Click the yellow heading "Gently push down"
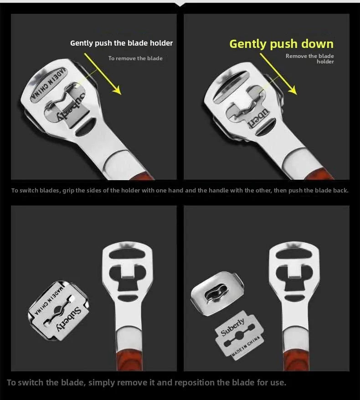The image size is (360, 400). (282, 44)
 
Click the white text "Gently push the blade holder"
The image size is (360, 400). (121, 43)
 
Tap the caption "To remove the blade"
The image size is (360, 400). (135, 58)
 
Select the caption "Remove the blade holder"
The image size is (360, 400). (310, 59)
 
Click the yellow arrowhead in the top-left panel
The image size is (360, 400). (117, 90)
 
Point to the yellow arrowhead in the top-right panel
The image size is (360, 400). (293, 90)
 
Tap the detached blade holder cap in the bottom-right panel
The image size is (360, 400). (217, 293)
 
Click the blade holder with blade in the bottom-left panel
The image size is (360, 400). (58, 311)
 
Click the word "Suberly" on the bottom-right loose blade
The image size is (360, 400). (232, 327)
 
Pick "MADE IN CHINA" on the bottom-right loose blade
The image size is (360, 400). (246, 347)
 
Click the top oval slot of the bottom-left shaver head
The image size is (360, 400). (127, 254)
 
